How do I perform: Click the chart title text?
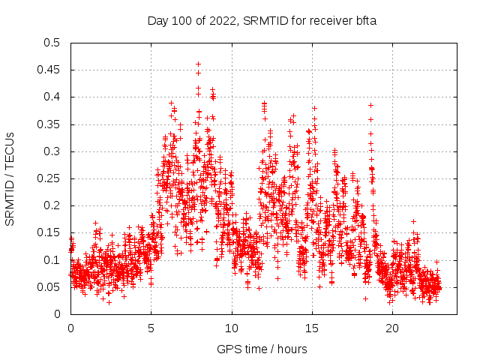(262, 20)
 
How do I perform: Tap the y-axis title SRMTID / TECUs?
(10, 178)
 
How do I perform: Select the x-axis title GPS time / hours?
(261, 349)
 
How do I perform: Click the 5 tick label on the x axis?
(151, 328)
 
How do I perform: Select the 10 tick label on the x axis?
(232, 328)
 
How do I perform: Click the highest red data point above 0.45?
(198, 64)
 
